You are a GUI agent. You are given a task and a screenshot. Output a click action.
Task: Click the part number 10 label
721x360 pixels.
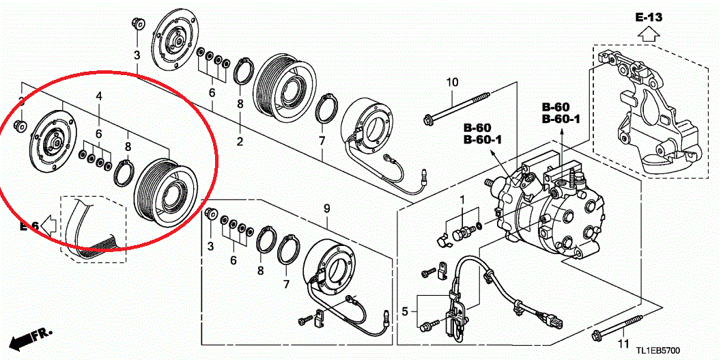click(453, 83)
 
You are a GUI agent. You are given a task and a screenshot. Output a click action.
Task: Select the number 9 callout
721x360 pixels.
click(326, 208)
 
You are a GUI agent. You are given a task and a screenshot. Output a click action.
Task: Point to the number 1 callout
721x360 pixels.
click(462, 199)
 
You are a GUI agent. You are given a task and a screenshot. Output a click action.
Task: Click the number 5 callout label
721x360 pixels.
click(405, 311)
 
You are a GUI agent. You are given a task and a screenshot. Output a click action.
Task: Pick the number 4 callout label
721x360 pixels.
click(99, 97)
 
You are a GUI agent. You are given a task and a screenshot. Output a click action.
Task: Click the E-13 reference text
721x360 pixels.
click(649, 17)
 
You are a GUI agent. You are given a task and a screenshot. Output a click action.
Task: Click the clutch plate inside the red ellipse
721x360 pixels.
click(52, 139)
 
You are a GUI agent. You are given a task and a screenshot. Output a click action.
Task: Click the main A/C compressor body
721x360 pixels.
click(553, 212)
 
